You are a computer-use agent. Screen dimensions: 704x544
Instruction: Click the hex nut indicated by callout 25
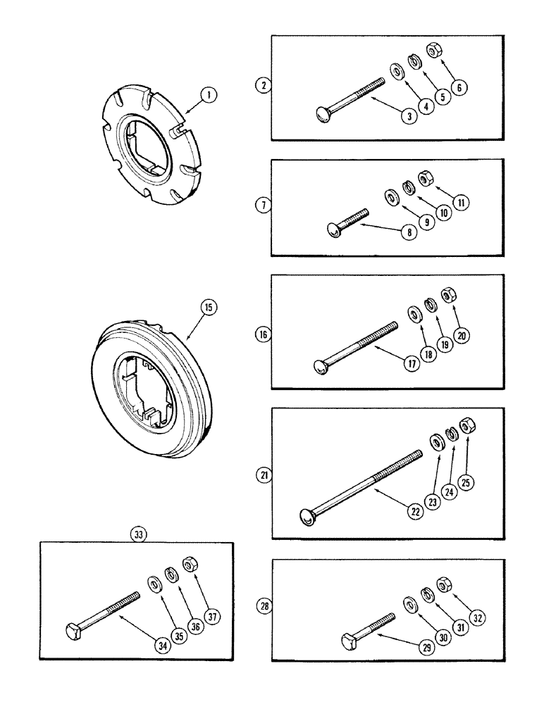coord(466,426)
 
